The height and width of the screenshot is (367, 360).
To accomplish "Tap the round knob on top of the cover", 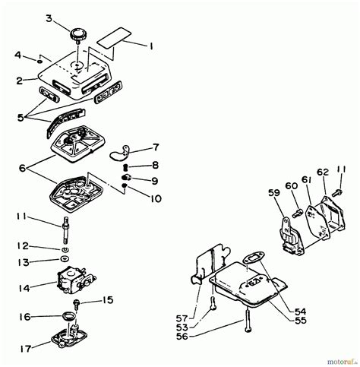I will (80, 36).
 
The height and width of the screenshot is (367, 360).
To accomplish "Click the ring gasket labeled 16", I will (67, 315).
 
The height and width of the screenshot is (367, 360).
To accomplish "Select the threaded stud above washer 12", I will (66, 225).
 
